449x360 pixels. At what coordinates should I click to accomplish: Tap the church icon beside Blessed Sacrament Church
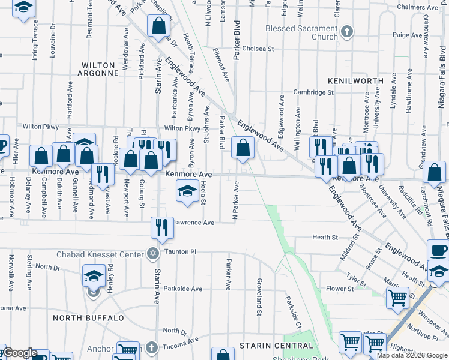[346, 31]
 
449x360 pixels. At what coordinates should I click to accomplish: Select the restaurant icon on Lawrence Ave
[162, 227]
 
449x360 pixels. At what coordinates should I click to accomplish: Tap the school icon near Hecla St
[187, 191]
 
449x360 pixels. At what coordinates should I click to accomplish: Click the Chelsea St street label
[258, 48]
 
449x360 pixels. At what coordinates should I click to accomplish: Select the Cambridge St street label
[313, 92]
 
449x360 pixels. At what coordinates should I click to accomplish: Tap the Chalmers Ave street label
[420, 7]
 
